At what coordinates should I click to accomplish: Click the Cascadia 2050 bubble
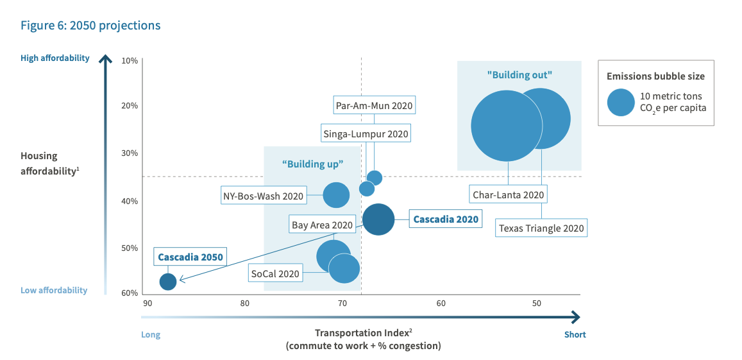point(167,281)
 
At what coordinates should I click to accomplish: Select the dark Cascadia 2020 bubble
point(378,219)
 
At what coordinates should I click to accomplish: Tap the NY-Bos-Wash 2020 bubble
point(336,195)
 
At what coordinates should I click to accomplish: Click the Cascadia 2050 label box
point(190,257)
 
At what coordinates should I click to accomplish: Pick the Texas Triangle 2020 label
point(542,228)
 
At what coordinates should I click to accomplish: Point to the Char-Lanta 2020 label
point(508,194)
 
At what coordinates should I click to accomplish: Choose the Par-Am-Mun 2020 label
point(375,105)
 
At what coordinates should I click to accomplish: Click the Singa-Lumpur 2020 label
point(366,133)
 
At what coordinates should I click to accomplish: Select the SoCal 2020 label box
point(275,273)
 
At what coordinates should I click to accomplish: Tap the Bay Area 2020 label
point(322,225)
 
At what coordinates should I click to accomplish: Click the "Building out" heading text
point(519,74)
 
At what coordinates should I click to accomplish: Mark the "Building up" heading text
point(313,164)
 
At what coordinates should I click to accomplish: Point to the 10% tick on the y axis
point(130,60)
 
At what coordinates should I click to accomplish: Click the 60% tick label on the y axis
point(130,293)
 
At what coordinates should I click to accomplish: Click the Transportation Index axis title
point(363,334)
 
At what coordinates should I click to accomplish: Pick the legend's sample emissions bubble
point(621,101)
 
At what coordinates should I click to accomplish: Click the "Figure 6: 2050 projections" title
point(90,26)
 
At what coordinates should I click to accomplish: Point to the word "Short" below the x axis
point(575,334)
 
